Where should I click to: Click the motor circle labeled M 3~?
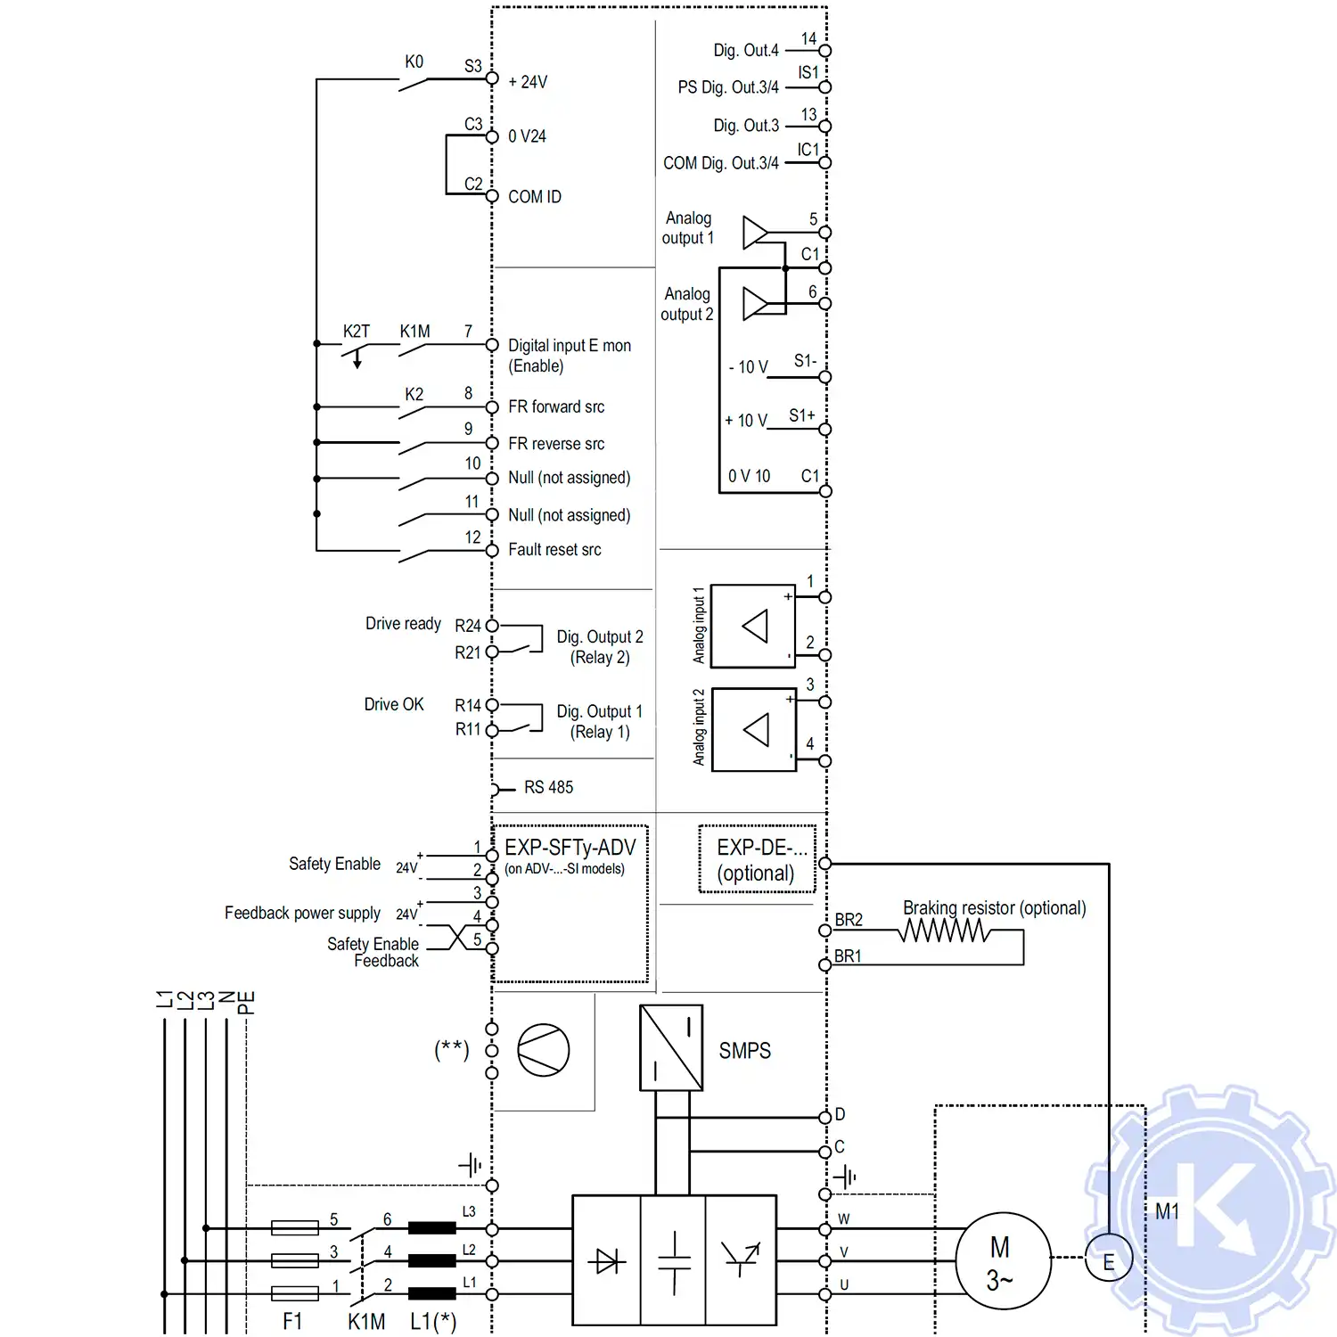pyautogui.click(x=1002, y=1261)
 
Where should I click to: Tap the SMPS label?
pyautogui.click(x=744, y=1051)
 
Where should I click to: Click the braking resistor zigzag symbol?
pyautogui.click(x=944, y=931)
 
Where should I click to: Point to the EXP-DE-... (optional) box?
pyautogui.click(x=757, y=859)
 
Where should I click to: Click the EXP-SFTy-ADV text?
pyautogui.click(x=570, y=848)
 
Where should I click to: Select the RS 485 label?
pyautogui.click(x=548, y=788)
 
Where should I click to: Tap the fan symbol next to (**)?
pyautogui.click(x=543, y=1050)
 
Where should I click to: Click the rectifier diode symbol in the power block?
pyautogui.click(x=607, y=1260)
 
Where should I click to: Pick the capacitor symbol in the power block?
pyautogui.click(x=674, y=1260)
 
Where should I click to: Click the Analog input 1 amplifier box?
pyautogui.click(x=753, y=626)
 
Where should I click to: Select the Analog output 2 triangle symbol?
pyautogui.click(x=755, y=304)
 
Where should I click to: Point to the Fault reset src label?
pyautogui.click(x=554, y=550)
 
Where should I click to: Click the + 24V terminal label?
pyautogui.click(x=528, y=82)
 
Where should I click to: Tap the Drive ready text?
pyautogui.click(x=403, y=624)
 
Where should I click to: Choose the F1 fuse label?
pyautogui.click(x=292, y=1321)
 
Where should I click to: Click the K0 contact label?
pyautogui.click(x=414, y=62)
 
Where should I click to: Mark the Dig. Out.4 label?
pyautogui.click(x=746, y=51)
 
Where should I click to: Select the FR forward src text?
pyautogui.click(x=556, y=407)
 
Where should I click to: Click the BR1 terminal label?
pyautogui.click(x=848, y=956)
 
